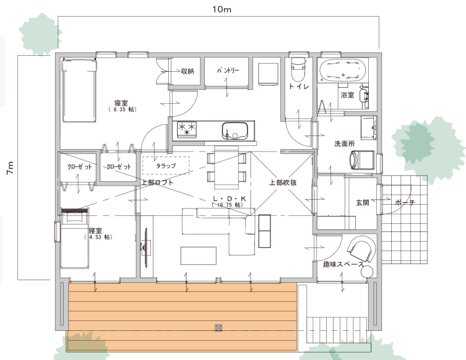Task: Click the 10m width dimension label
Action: [222, 9]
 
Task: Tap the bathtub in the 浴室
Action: [342, 71]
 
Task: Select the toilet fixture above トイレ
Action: [298, 68]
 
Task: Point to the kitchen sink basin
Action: [235, 131]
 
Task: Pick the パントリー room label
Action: [227, 71]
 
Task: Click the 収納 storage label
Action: [188, 71]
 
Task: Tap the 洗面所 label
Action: [345, 144]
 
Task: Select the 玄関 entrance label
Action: [362, 202]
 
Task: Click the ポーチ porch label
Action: [405, 202]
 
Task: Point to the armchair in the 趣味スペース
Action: [361, 249]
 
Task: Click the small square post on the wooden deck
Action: [218, 328]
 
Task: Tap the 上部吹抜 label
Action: [283, 182]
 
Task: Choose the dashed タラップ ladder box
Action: [166, 165]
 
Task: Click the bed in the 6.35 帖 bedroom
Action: [79, 90]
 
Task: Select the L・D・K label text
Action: [230, 199]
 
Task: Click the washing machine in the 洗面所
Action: [361, 160]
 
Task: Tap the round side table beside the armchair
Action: [368, 272]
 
